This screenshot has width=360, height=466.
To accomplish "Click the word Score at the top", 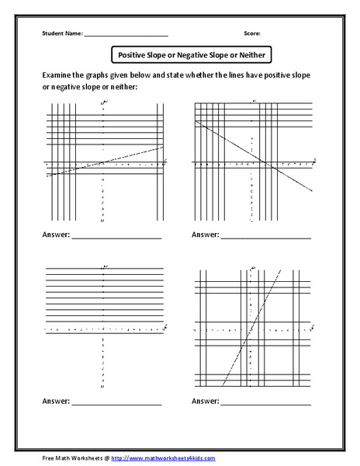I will click(251, 34).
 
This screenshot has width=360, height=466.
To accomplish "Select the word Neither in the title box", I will click(249, 55).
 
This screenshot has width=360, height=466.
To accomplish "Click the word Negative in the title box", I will click(190, 55).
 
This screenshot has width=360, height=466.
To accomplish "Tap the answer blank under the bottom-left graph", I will click(116, 405).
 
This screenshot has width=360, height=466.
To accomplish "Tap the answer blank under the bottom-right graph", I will click(266, 405).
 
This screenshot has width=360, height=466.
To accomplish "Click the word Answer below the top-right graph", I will click(205, 234).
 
